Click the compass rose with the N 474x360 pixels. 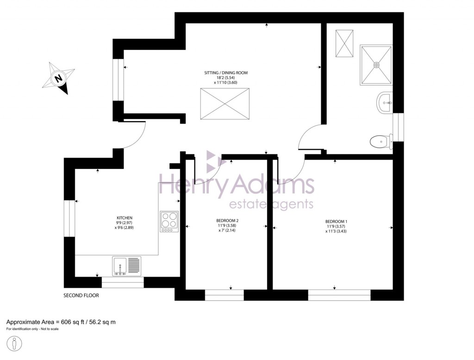point(59,79)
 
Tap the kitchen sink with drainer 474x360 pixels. point(126,266)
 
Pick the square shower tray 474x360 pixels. point(376,64)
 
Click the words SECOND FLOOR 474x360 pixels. point(81,295)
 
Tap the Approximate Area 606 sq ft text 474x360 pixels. point(61,322)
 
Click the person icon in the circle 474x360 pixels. point(15,344)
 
